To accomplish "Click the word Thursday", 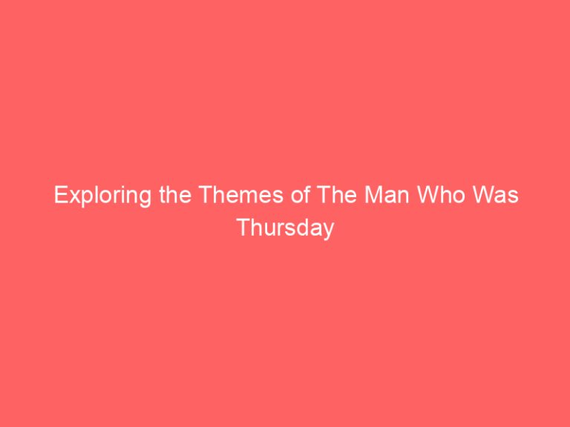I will (285, 228).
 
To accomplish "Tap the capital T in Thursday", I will (243, 228).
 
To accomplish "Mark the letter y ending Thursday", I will (328, 231).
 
